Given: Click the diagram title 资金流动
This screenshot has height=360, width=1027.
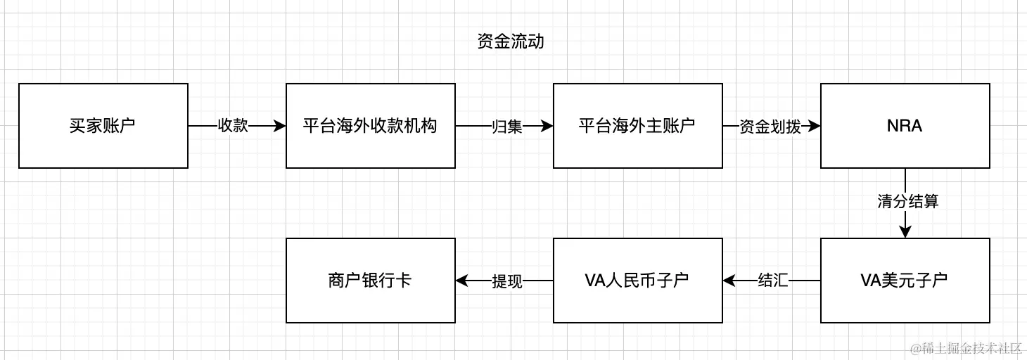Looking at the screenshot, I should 510,42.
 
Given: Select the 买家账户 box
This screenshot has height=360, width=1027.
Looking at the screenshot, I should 103,126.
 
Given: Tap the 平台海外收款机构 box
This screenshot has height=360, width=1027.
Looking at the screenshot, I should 370,126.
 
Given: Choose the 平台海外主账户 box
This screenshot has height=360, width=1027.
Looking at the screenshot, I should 637,126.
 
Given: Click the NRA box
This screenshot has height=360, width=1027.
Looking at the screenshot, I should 905,126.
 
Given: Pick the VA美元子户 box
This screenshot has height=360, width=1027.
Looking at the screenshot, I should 905,281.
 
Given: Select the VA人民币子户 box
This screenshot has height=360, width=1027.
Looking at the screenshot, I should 637,281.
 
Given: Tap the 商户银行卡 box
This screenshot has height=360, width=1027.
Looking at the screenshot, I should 370,281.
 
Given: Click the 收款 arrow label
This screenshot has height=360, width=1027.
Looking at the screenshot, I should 233,127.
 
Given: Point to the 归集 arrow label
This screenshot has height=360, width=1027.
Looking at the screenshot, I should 506,127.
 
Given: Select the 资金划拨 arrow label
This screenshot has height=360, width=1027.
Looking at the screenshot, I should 770,127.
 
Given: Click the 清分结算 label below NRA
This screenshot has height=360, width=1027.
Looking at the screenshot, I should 907,202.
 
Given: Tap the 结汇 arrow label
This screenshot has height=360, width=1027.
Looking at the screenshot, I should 772,281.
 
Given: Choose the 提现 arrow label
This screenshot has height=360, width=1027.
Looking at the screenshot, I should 507,281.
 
